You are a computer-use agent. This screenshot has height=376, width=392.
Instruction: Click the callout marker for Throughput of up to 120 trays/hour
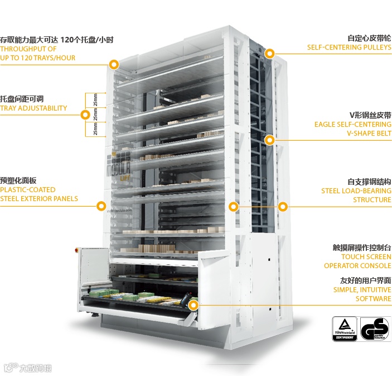pos(114,64)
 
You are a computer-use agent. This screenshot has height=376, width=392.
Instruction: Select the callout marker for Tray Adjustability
pos(85,115)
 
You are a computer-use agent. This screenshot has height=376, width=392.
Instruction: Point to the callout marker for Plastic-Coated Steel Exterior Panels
pos(101,206)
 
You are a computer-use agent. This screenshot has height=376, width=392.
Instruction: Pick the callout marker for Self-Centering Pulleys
pos(270,54)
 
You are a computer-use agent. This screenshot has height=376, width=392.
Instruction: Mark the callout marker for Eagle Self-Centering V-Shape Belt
pos(270,140)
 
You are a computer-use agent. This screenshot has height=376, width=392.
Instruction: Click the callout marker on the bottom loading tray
pos(194,305)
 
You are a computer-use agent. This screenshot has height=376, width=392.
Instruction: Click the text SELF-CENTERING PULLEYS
pos(349,48)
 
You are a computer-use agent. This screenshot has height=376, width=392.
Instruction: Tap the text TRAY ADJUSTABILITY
pos(33,108)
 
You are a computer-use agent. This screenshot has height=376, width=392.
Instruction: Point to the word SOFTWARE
pos(374,299)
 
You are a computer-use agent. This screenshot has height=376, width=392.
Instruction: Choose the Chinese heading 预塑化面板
pos(18,180)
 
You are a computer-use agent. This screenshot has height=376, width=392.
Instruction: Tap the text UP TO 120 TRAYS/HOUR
pos(38,58)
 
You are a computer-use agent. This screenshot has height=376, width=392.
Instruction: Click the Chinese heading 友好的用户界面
pos(365,280)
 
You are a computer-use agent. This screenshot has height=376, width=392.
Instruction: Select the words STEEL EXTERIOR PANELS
pos(39,199)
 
